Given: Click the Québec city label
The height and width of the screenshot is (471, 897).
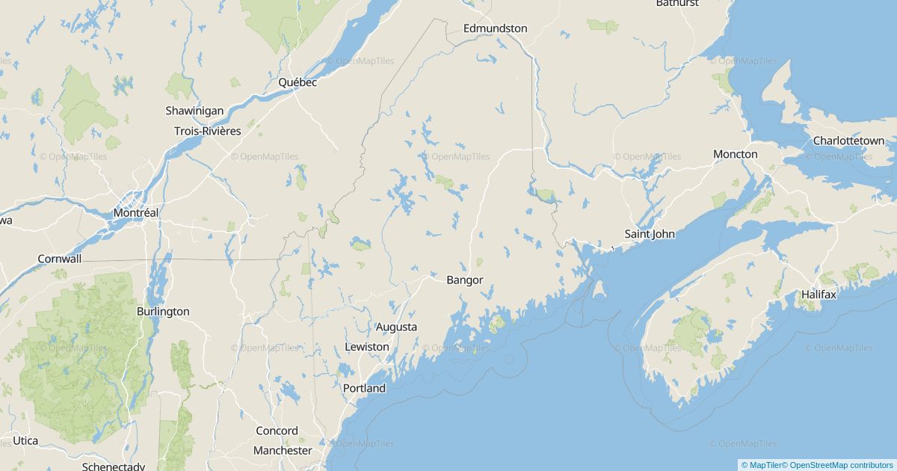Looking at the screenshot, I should (x=298, y=82).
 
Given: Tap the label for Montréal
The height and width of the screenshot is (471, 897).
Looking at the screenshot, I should (x=136, y=213).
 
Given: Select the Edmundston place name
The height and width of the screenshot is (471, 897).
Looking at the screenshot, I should (x=495, y=28).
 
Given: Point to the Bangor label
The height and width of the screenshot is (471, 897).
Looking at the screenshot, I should (x=464, y=280).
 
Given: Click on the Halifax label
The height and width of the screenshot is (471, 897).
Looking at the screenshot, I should (x=819, y=295).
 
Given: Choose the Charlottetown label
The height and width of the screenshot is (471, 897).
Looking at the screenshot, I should (x=848, y=141).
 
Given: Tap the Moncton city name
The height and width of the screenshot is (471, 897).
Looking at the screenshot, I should (x=735, y=154).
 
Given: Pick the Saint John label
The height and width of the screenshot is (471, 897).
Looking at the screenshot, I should (x=650, y=234).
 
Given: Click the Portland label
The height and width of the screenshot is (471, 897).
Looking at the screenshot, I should (x=364, y=388).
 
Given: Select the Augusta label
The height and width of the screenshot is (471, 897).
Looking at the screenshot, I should (x=396, y=327).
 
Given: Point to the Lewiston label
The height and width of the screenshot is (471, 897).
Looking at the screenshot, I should (x=367, y=347).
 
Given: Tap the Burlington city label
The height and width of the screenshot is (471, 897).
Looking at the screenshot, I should (x=163, y=311).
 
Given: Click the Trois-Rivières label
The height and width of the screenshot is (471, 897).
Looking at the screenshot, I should (x=207, y=131).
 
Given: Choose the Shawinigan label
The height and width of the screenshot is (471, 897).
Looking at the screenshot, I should (x=194, y=111).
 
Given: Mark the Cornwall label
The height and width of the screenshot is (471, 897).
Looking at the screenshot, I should (x=60, y=259).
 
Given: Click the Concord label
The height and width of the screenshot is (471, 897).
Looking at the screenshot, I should (x=277, y=431).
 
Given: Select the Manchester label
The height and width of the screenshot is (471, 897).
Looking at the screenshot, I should (x=283, y=450).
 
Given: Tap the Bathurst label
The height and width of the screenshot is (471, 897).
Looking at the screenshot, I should (x=677, y=3).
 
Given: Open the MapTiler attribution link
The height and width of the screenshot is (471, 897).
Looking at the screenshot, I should (x=761, y=465).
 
